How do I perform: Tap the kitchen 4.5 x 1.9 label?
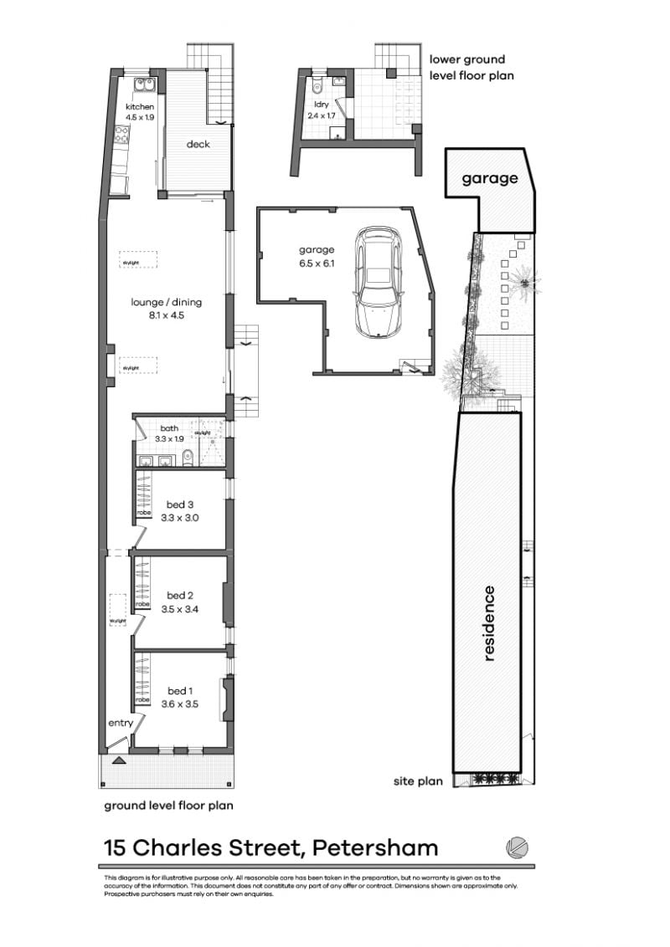140,112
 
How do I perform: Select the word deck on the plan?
198,144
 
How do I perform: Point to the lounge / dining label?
166,309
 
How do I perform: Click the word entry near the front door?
120,723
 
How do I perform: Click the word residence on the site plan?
489,623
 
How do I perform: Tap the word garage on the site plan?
490,178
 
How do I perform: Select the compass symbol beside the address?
518,847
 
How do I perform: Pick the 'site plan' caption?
418,782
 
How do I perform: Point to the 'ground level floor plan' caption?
168,806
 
